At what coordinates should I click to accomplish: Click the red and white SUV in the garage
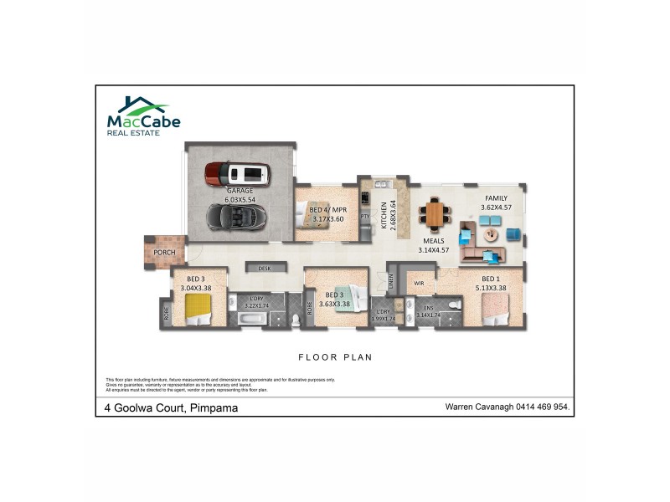pos(238,173)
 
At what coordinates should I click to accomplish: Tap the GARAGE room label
pos(239,191)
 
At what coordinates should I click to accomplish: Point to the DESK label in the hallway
pos(265,269)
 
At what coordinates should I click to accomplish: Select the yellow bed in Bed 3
pos(198,313)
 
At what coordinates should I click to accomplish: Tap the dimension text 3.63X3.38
pos(334,304)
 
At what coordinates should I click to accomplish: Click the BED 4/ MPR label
pos(328,210)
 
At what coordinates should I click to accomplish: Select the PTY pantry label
pos(364,216)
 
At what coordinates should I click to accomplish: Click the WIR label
pos(420,283)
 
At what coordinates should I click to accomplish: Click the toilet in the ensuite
pos(452,319)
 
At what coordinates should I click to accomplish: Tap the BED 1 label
pos(491,279)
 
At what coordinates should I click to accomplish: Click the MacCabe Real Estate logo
pos(142,115)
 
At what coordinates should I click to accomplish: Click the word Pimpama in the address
pos(214,407)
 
